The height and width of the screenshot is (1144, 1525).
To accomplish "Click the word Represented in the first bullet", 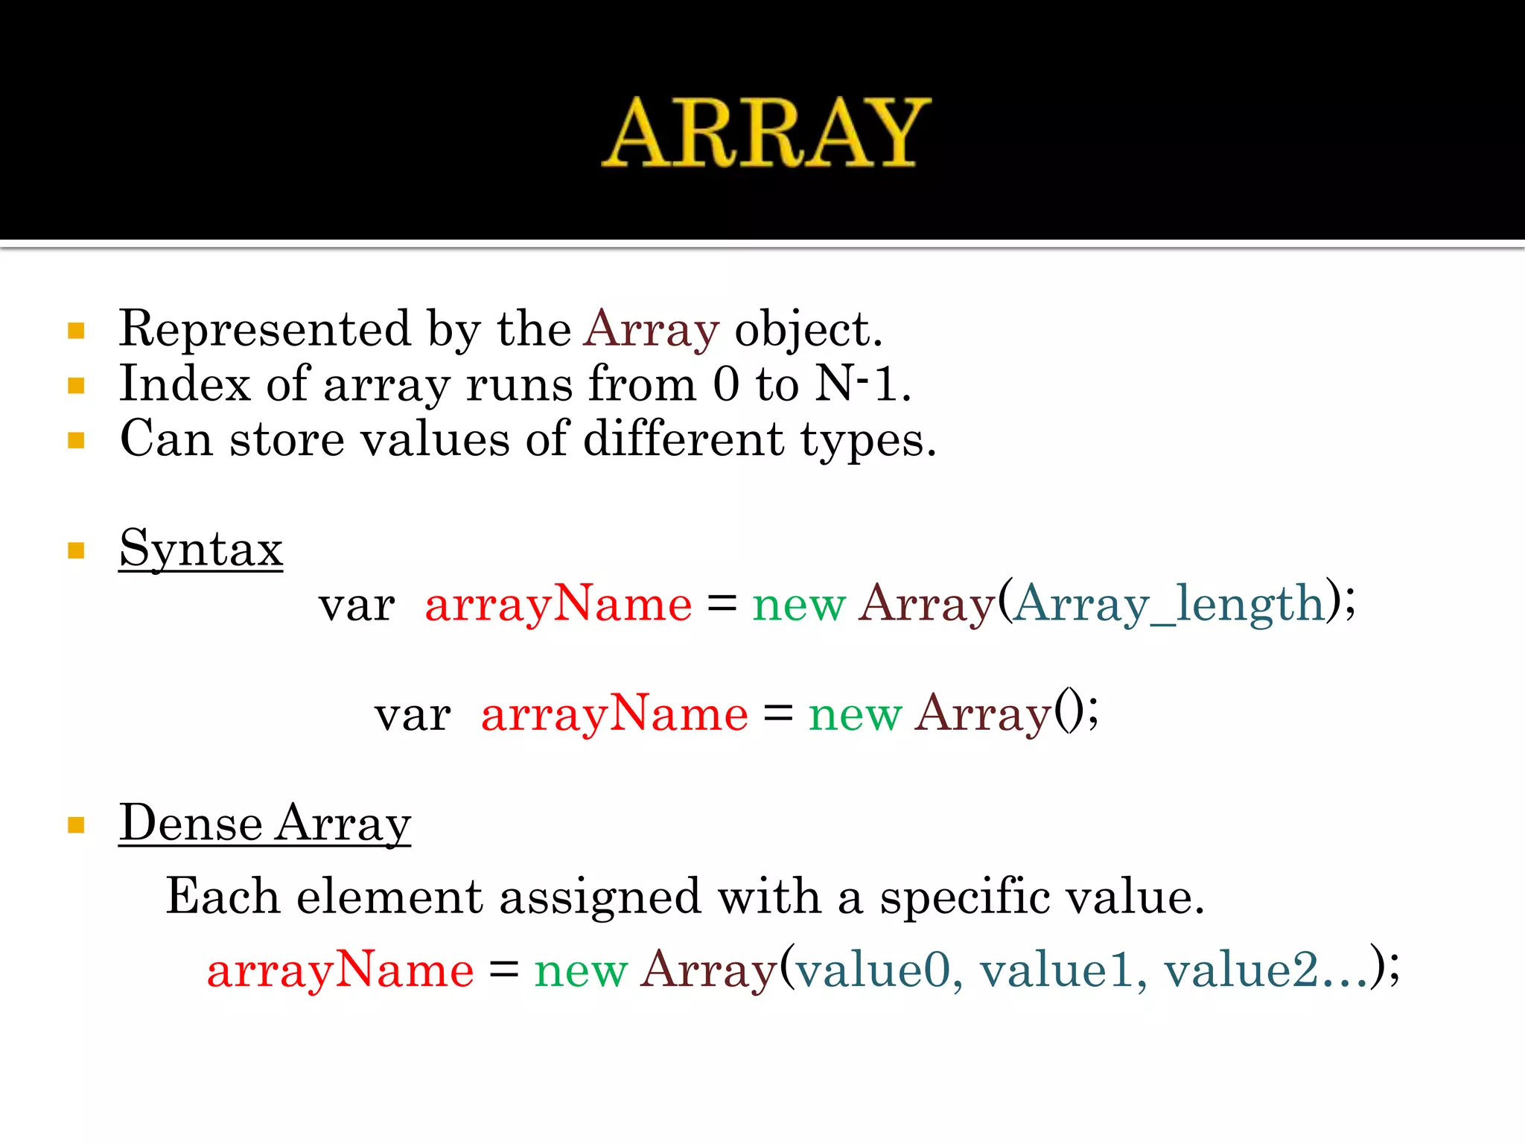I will [264, 328].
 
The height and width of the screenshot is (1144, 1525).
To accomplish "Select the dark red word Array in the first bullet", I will [652, 330].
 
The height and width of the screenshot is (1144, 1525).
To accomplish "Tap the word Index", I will [185, 384].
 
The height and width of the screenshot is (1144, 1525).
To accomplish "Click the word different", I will [683, 439].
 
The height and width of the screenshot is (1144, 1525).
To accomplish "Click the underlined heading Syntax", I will [201, 550].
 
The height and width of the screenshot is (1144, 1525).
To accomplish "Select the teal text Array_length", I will [1169, 603].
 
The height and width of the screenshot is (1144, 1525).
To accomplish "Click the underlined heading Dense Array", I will [265, 824].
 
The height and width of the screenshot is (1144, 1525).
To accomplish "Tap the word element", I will [389, 896].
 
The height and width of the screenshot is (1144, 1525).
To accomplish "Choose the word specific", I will [964, 896].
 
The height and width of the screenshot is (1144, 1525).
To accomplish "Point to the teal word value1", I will [1057, 970].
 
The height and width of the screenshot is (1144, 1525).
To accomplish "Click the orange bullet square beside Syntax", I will [76, 550].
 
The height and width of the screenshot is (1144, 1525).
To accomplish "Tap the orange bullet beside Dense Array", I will [76, 824].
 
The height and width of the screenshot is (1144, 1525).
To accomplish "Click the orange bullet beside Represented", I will [76, 331].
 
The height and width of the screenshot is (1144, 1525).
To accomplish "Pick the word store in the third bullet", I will [287, 439].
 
